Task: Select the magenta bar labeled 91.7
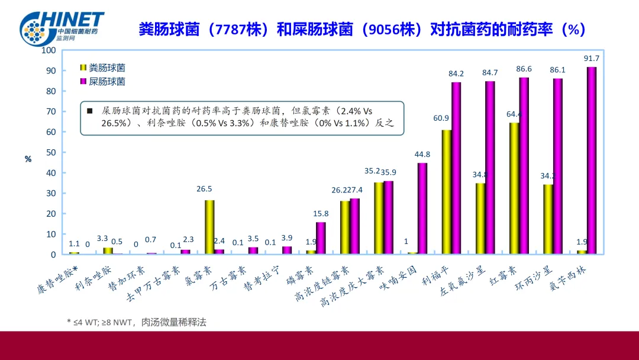pos(592,160)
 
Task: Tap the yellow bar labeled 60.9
pos(447,192)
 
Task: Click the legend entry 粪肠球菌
pos(106,68)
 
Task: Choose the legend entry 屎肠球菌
pos(106,82)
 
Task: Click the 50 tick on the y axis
pos(50,152)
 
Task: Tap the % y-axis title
pos(28,159)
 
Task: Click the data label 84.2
pos(456,74)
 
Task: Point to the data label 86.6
pos(524,69)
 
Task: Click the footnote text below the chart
pos(137,322)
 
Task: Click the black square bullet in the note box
pos(90,111)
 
